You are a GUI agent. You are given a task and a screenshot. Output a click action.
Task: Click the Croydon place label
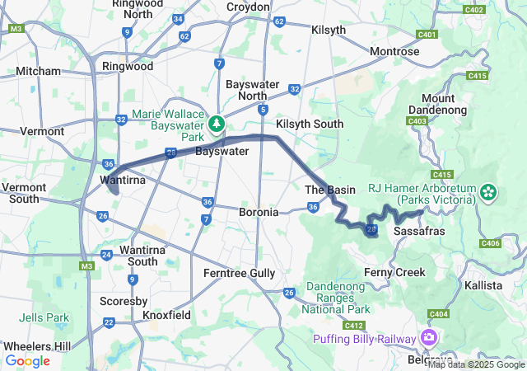click(x=247, y=7)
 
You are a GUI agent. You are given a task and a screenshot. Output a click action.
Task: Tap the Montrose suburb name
click(x=394, y=51)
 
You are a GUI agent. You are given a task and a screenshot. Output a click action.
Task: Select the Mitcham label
click(x=35, y=72)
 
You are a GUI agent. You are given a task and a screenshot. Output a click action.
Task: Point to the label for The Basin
click(x=330, y=190)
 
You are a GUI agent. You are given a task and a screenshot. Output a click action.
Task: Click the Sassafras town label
click(x=420, y=231)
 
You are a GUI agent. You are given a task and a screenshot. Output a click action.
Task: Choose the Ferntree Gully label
click(x=240, y=272)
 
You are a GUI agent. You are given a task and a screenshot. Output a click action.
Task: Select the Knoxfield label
click(x=168, y=315)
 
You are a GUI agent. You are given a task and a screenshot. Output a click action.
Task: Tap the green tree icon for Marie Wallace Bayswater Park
click(x=217, y=123)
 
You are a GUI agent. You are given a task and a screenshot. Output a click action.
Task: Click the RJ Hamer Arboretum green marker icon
click(x=488, y=193)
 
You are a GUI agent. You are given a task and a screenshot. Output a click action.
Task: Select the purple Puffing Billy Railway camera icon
click(x=429, y=337)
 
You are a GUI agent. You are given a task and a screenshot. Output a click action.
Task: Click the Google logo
click(x=27, y=361)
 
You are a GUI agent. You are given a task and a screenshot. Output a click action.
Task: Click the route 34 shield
click(x=179, y=19)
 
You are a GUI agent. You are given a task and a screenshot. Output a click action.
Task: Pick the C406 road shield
click(x=491, y=242)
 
